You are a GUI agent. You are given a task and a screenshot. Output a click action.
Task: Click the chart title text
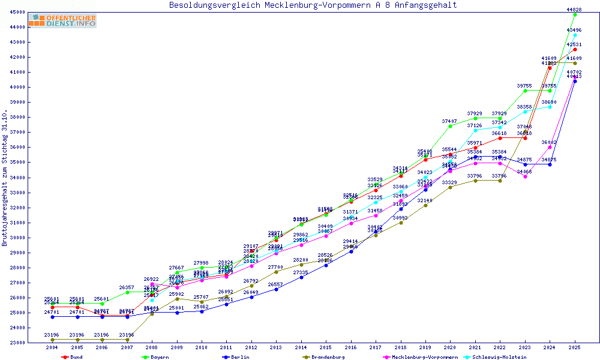[313, 5]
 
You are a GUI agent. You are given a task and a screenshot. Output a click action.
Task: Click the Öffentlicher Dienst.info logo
[62, 21]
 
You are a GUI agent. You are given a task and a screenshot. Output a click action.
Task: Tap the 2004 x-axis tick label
[52, 348]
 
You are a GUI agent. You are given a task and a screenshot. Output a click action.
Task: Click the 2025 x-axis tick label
[575, 348]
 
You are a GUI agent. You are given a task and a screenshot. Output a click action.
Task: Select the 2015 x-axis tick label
[326, 348]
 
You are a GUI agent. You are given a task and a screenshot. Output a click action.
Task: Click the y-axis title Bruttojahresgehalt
[5, 179]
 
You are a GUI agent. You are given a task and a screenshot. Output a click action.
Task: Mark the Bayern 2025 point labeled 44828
[575, 14]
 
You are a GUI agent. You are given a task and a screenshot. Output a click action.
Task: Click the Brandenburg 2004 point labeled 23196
[52, 340]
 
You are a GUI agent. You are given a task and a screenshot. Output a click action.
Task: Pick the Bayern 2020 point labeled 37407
[451, 126]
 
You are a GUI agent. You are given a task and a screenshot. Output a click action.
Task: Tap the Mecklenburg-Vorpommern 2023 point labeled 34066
[525, 176]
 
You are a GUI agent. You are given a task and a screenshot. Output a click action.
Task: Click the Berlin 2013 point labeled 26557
[276, 289]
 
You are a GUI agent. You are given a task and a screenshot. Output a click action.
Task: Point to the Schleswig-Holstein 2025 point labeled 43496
[575, 35]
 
